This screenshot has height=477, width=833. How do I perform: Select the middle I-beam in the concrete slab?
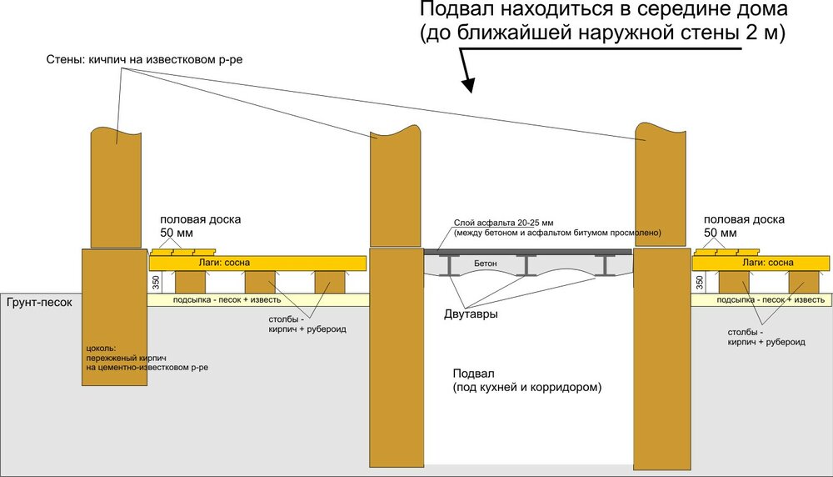(526, 265)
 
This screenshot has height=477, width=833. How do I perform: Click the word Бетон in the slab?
(486, 263)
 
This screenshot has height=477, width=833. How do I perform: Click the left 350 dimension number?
(157, 283)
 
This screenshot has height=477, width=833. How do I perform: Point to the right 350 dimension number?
(699, 283)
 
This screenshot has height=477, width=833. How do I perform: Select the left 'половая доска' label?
(201, 220)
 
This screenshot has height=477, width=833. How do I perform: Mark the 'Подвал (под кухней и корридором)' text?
(526, 380)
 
